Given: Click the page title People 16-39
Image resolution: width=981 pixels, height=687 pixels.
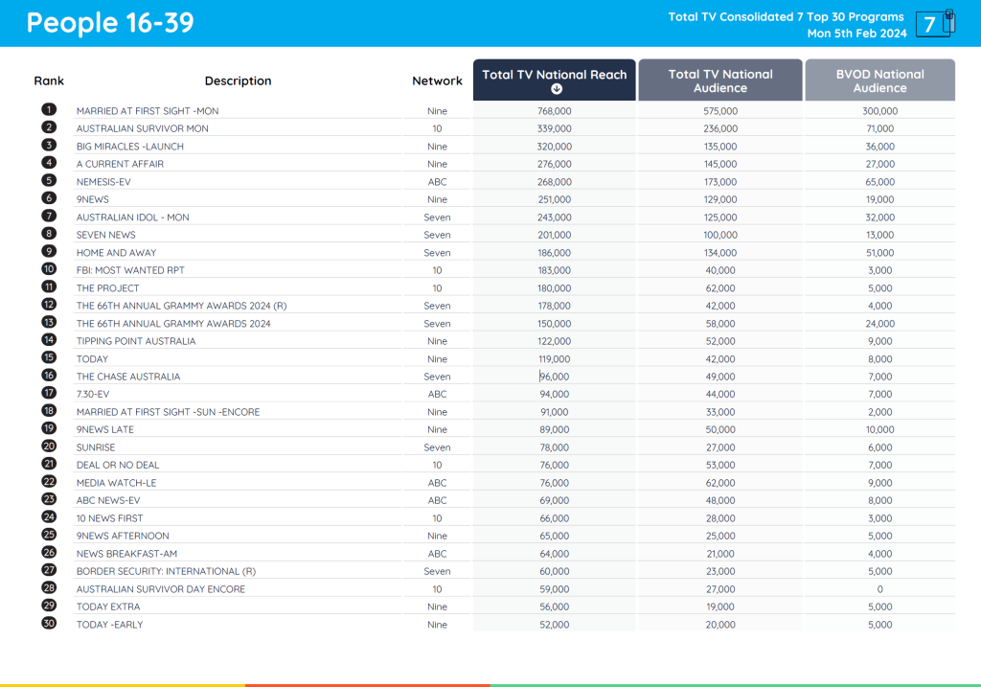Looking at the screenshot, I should click(110, 23).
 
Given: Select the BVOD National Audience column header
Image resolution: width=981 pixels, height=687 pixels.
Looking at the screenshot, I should click(879, 80).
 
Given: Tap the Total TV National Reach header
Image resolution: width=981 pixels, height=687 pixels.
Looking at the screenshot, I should click(554, 75).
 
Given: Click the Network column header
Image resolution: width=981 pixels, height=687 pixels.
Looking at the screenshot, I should click(437, 81).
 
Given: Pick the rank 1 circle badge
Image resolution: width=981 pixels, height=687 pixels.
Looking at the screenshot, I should click(49, 110).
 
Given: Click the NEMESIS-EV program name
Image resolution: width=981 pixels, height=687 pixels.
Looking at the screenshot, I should click(105, 181).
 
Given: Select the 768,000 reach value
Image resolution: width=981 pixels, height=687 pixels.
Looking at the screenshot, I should click(554, 111).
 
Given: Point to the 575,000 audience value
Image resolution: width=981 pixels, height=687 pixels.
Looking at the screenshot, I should click(719, 111).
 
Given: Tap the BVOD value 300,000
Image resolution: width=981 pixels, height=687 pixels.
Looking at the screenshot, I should click(879, 111).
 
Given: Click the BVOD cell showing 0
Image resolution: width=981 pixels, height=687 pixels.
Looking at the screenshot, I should click(879, 589).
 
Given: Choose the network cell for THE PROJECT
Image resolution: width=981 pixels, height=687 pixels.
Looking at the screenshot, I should click(437, 288).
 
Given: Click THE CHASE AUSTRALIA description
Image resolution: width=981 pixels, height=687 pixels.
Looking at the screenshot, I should click(127, 377).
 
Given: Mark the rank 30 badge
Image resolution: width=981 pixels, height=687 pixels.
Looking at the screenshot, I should click(49, 624).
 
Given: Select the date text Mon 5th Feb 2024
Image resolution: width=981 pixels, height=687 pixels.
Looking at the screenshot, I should click(856, 34).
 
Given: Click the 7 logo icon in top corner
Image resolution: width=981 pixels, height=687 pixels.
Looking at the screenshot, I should click(934, 24).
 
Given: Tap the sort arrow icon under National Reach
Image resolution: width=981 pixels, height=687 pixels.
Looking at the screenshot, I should click(556, 89).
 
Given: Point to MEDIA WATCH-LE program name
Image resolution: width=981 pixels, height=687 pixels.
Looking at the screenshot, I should click(116, 483).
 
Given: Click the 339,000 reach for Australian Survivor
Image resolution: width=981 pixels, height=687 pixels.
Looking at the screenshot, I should click(554, 128).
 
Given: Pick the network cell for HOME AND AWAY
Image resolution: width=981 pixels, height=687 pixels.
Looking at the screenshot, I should click(437, 253).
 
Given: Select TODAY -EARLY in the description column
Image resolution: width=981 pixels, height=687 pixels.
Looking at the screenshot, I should click(110, 625).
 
